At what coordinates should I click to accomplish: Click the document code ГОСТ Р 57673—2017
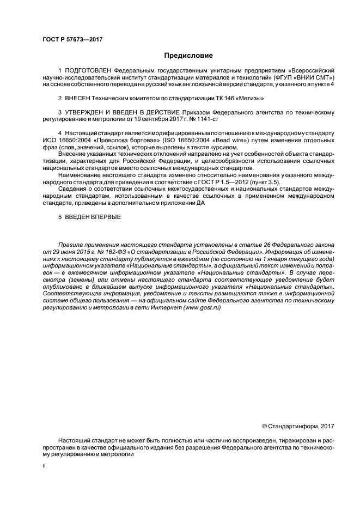coord(72,39)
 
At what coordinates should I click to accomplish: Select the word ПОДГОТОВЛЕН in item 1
coord(85,71)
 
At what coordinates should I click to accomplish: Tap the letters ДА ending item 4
coord(230,202)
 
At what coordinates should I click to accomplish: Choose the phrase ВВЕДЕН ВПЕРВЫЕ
coord(94,216)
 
